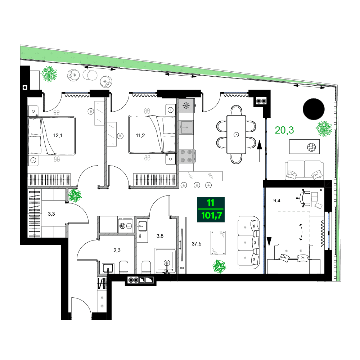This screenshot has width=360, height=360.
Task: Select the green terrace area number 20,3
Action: (x=284, y=130)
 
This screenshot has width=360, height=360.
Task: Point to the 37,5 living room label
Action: (x=196, y=244)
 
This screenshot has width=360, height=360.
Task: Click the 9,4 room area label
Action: (x=276, y=201)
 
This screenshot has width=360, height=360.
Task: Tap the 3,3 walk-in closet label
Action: (x=51, y=213)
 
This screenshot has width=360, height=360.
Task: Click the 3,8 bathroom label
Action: (x=160, y=236)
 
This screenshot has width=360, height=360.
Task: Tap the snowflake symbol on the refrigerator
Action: (x=186, y=105)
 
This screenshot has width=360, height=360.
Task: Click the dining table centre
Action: (x=236, y=135)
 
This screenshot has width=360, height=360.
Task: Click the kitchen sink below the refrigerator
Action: (x=186, y=126)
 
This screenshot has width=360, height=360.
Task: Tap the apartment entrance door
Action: (x=82, y=309)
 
